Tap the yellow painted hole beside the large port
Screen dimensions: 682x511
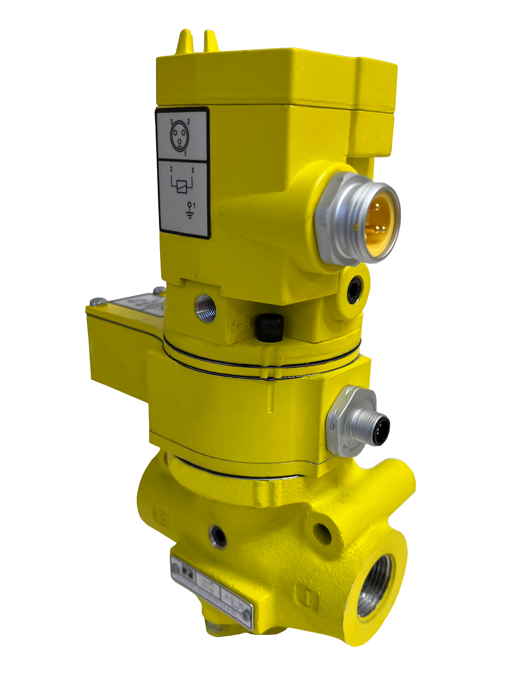click(x=322, y=531)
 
